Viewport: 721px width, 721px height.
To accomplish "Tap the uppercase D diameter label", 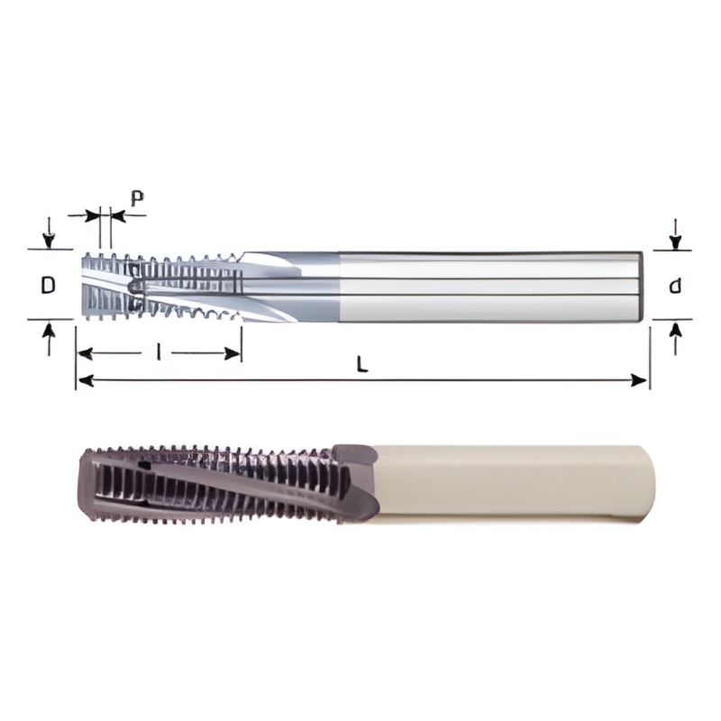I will coord(49,286).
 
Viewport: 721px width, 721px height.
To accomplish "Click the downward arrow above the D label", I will coord(50,236).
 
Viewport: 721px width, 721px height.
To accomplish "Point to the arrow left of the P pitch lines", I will coord(92,215).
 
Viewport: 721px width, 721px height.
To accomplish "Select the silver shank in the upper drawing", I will coord(487,285).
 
